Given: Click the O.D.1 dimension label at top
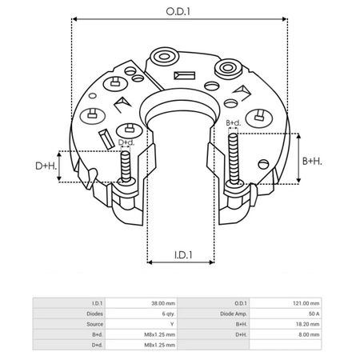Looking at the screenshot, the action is pos(178,11).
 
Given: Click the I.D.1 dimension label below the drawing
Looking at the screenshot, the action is pos(183,255).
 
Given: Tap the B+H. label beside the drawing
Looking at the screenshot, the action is pos(312,161).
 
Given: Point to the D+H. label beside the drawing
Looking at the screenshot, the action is pos(46,166).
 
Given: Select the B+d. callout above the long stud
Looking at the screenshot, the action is pos(234,123).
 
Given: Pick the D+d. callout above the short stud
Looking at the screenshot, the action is pos(126,142).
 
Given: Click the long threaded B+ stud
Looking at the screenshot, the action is pos(234,159).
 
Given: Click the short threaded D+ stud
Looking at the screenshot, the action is pos(125,166).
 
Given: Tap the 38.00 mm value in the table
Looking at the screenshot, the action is pos(163,303).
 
